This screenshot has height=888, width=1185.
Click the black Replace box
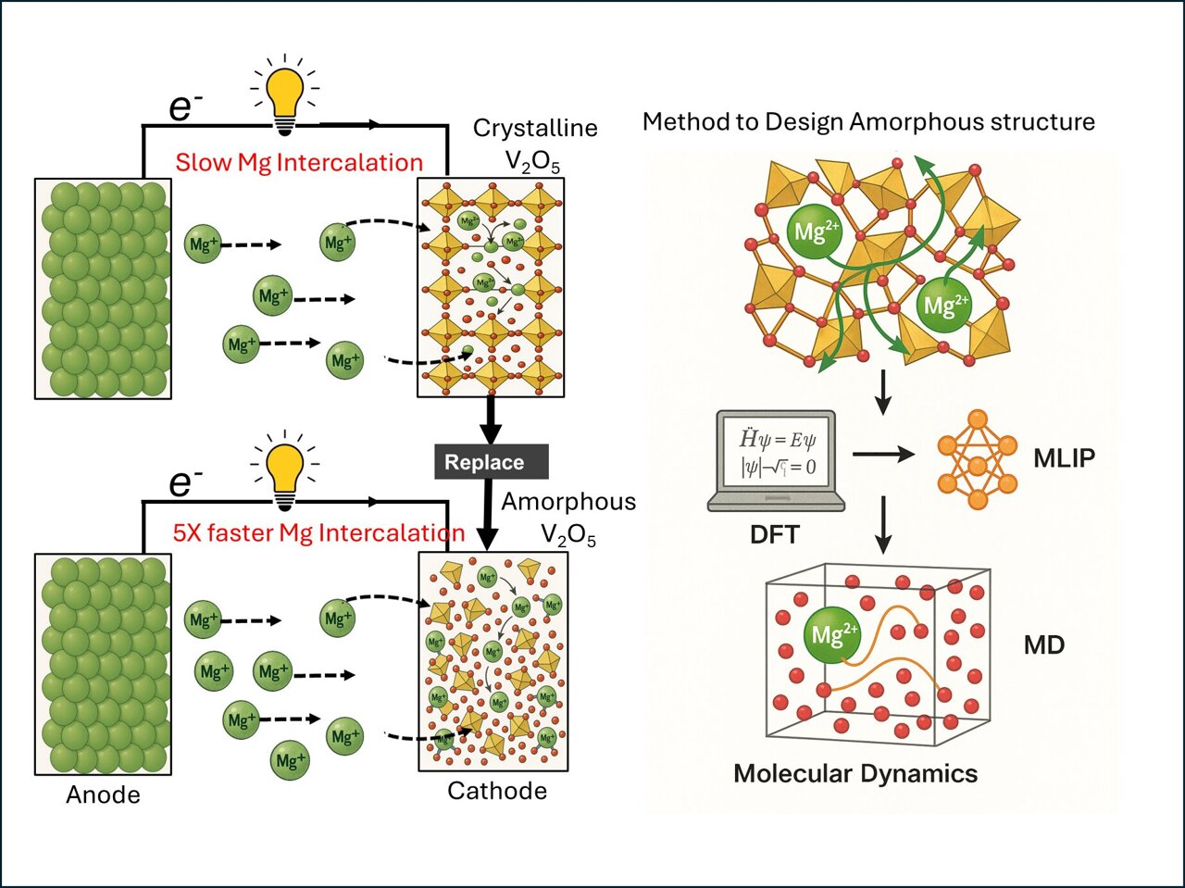(x=491, y=462)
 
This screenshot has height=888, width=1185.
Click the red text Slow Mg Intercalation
(x=298, y=163)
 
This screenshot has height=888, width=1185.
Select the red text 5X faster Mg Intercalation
(x=318, y=532)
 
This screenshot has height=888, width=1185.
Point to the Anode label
(x=103, y=794)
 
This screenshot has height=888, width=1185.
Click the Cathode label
(x=496, y=791)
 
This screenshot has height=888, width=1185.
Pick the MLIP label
(x=1064, y=457)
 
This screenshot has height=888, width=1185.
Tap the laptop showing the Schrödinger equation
(x=777, y=460)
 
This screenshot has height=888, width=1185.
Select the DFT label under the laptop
(x=774, y=533)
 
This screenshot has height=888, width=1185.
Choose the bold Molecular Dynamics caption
(x=854, y=773)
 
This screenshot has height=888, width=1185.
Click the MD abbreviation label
(x=1043, y=644)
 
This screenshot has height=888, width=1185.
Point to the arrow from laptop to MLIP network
(x=882, y=454)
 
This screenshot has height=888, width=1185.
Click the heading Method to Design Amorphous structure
(x=867, y=122)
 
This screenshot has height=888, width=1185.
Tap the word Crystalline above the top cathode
(x=534, y=128)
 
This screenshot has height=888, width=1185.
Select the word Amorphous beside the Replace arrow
(x=568, y=502)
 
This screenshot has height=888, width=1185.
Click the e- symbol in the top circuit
(x=185, y=107)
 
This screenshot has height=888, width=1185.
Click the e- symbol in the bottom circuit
(x=185, y=482)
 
